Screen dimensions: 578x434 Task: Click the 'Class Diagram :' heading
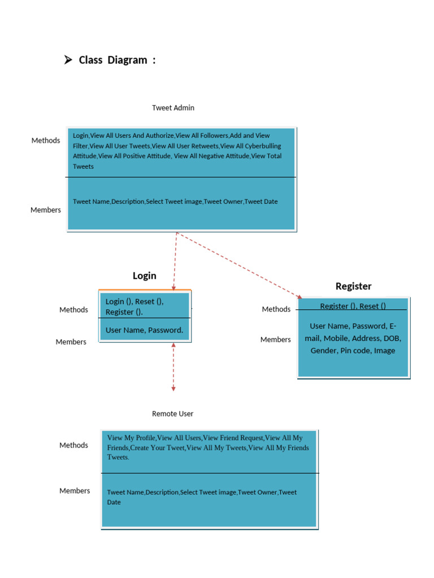click(x=117, y=60)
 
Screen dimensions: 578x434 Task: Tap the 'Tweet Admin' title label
click(x=173, y=108)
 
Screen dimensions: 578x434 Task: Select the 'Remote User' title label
click(x=172, y=414)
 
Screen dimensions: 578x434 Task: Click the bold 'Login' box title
click(x=144, y=275)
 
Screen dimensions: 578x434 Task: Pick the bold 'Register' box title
click(x=353, y=286)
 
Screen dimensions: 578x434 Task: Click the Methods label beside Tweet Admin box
click(x=46, y=141)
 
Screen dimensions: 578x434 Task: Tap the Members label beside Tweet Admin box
click(x=46, y=210)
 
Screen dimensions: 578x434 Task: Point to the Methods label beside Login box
click(x=74, y=310)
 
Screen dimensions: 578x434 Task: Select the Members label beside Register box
click(x=275, y=340)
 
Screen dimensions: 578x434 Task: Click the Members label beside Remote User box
click(x=75, y=491)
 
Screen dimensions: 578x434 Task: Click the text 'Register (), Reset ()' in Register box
click(x=353, y=306)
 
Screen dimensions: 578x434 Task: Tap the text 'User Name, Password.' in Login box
click(x=144, y=330)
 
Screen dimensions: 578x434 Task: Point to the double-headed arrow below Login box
click(x=173, y=367)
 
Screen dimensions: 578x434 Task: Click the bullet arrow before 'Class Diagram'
click(x=68, y=60)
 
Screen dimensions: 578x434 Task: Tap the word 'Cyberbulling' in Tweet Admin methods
click(x=262, y=146)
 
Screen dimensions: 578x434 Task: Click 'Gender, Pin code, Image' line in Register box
click(x=353, y=351)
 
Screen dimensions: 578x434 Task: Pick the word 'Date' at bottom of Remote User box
click(x=114, y=502)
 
